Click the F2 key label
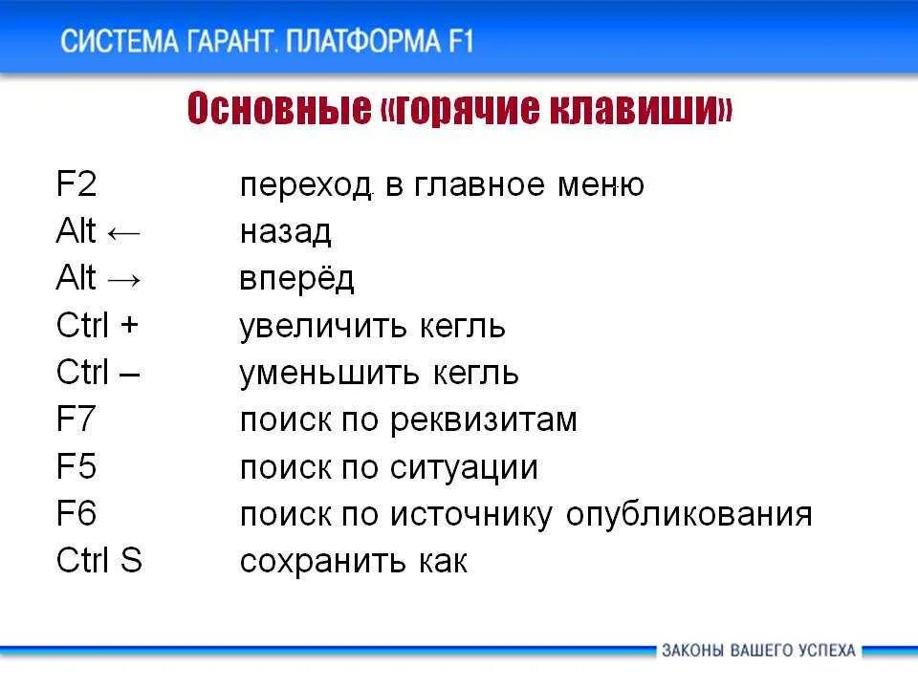[x=76, y=184]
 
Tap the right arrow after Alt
[x=124, y=280]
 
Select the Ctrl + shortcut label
[x=98, y=326]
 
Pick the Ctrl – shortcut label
[x=98, y=373]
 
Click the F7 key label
[x=76, y=419]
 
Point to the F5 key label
[x=76, y=467]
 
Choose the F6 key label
[x=76, y=514]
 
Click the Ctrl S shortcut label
[x=99, y=561]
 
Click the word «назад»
[x=285, y=232]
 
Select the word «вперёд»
[x=296, y=279]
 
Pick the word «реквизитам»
[x=484, y=420]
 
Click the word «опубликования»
[x=688, y=515]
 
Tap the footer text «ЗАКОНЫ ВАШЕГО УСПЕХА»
[x=758, y=651]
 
